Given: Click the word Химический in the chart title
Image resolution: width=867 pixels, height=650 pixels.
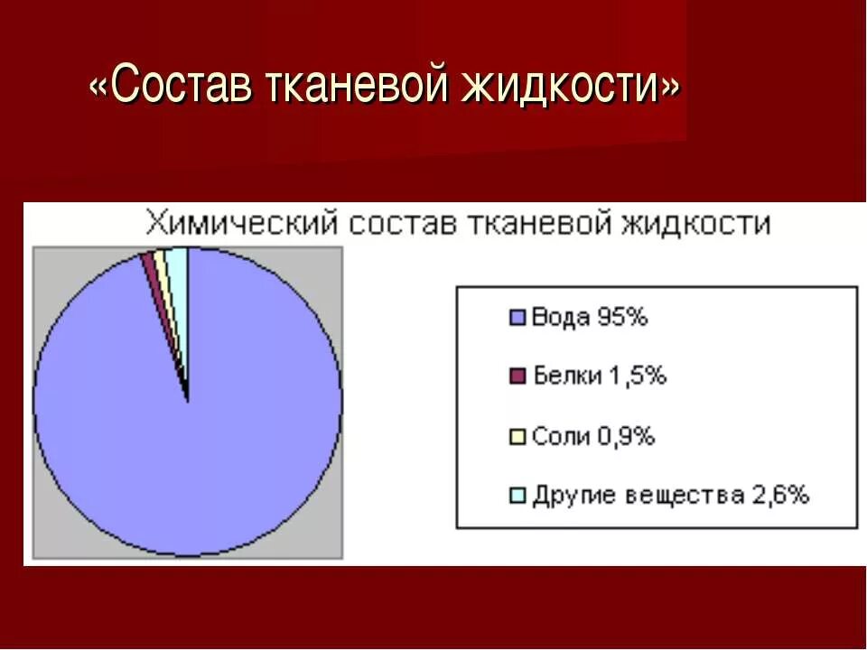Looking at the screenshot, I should (242, 223).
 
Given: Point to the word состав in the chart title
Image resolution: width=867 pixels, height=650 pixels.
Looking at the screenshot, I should (402, 223).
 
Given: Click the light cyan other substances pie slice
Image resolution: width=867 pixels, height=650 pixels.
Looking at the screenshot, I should (176, 262).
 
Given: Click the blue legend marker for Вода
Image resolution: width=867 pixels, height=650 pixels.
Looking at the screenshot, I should (517, 318).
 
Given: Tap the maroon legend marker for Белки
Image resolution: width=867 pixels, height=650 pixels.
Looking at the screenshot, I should (517, 376).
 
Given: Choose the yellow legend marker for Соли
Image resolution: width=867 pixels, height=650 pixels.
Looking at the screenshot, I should (517, 436).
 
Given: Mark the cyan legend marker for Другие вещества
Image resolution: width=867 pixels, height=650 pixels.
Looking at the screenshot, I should (517, 495).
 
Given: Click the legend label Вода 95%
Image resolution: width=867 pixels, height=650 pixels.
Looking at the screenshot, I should (590, 318).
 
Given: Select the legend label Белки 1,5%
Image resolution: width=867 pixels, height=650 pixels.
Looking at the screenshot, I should (599, 376).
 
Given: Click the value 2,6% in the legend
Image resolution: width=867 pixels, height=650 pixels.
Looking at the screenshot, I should (780, 495).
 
